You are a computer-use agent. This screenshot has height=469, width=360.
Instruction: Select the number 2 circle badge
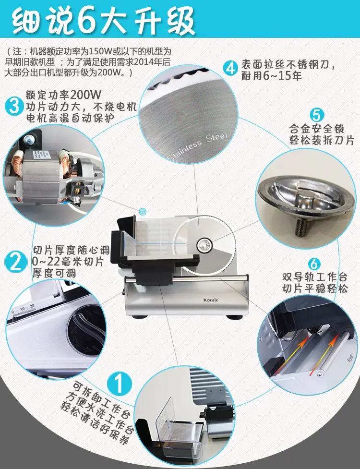pyautogui.click(x=15, y=262)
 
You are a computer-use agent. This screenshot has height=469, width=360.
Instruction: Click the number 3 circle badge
pyautogui.click(x=14, y=106)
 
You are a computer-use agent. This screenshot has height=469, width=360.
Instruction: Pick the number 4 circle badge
pyautogui.click(x=230, y=69)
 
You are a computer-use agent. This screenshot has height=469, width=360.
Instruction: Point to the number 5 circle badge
pyautogui.click(x=317, y=116)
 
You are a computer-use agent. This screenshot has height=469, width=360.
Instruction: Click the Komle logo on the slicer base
pyautogui.click(x=211, y=300)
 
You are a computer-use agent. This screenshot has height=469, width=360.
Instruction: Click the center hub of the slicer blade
pyautogui.click(x=205, y=245)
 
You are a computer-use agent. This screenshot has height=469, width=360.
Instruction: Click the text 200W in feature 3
pyautogui.click(x=86, y=95)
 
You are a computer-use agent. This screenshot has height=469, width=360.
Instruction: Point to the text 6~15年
pyautogui.click(x=282, y=76)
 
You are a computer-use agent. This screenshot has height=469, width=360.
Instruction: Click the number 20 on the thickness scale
pyautogui.click(x=32, y=306)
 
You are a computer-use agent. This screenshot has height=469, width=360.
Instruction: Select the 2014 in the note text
pyautogui.click(x=144, y=62)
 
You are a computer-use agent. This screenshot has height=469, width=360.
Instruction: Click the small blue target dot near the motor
pyautogui.click(x=143, y=212)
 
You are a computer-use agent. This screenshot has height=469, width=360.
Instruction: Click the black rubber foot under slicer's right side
pyautogui.click(x=234, y=317)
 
